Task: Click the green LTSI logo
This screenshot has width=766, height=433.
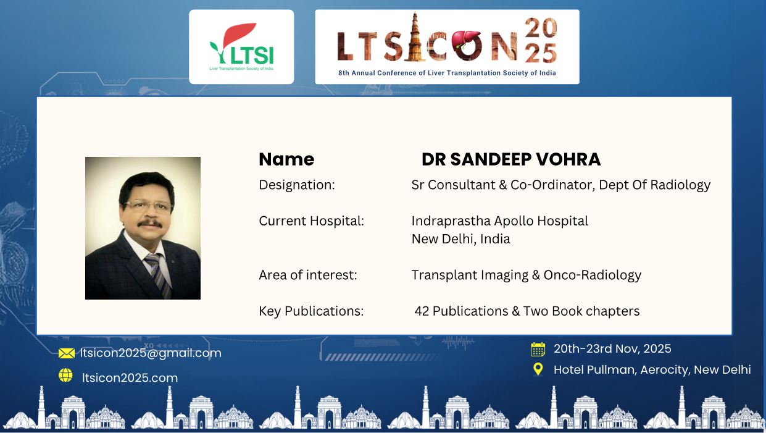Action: pos(241,46)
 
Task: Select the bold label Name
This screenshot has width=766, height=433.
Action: pos(286,159)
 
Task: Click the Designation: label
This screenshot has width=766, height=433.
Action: pos(297,185)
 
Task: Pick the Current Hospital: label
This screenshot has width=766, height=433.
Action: pos(312,221)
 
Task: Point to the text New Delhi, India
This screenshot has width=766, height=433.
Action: pos(460,239)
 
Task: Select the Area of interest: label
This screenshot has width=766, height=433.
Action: pos(308,275)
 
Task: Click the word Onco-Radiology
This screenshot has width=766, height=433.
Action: pos(593,275)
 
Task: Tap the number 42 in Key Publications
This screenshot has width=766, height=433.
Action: pos(422,311)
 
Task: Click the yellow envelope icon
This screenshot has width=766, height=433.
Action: pos(66,353)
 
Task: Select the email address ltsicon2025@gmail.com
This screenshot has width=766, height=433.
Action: pos(151,353)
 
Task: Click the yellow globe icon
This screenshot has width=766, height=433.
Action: pos(65,375)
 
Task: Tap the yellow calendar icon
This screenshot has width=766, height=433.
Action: pos(538,349)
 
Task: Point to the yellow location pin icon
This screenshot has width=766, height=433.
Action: pos(538,369)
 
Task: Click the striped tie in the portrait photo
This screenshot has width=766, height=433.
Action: pos(158,275)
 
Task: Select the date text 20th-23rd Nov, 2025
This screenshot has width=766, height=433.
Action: pos(612,349)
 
